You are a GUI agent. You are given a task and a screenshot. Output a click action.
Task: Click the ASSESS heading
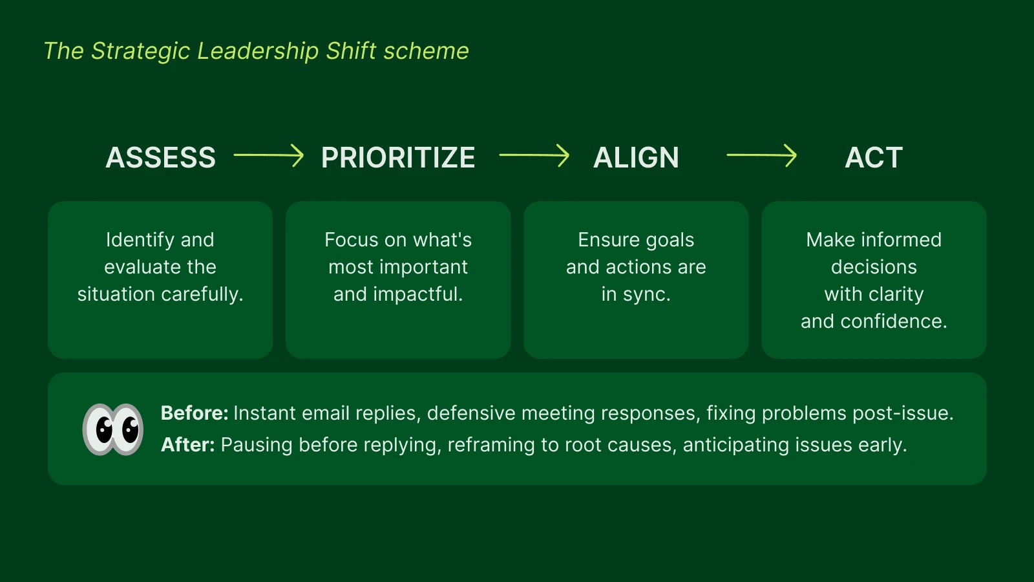click(160, 158)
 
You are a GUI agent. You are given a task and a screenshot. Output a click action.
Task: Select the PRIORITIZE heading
click(398, 158)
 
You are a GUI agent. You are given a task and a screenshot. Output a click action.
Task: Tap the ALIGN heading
click(636, 158)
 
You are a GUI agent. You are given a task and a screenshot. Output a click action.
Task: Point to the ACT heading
click(874, 158)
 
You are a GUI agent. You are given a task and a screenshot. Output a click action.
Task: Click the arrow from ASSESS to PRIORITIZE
click(269, 155)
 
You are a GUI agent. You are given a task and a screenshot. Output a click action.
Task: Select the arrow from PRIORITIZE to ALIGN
click(534, 155)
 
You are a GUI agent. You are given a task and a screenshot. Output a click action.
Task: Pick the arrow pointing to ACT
click(762, 155)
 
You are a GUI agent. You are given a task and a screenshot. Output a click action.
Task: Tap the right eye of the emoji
click(129, 429)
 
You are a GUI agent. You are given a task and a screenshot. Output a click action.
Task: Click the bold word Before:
click(194, 413)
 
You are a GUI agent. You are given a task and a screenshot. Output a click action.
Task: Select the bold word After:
click(187, 445)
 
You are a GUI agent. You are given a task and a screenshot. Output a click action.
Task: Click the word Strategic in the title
click(140, 51)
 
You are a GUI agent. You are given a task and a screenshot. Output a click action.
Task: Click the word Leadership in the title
click(258, 51)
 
